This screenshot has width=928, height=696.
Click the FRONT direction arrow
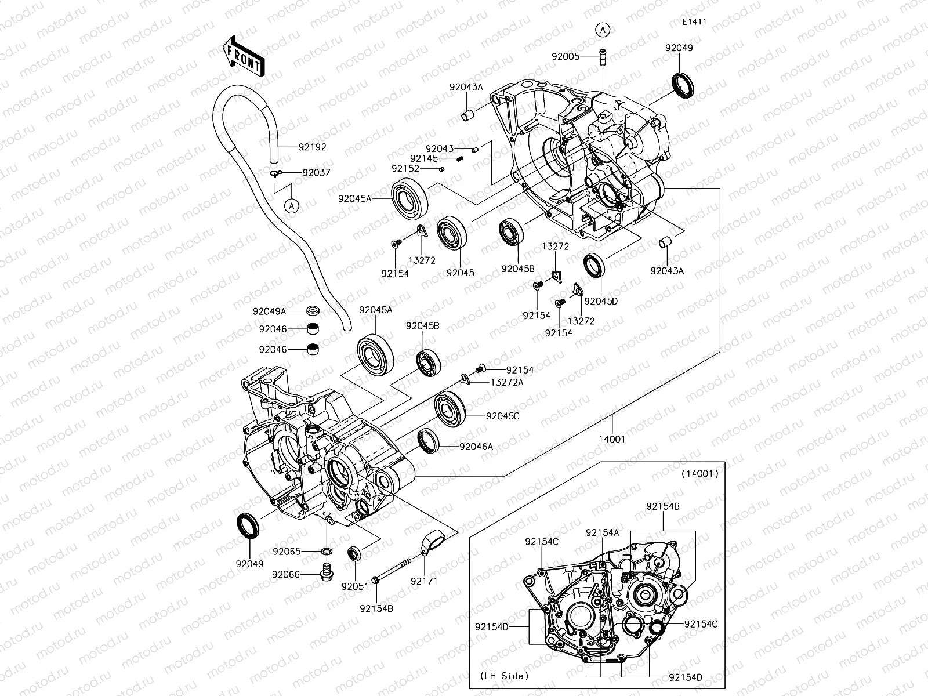pos(242,55)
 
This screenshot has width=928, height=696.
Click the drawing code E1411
pos(694,21)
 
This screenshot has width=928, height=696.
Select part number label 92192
pos(313,147)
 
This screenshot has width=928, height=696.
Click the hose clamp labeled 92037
pos(276,172)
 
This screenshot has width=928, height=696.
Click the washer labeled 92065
pos(327,550)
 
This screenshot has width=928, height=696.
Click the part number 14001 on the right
pos(612,439)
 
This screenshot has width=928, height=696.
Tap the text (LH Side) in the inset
pos(504,676)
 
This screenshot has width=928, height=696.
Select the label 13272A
pos(506,382)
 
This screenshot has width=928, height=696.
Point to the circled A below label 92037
pos(292,205)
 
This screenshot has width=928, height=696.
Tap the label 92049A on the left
pos(270,311)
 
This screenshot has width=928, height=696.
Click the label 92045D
pos(601,302)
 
